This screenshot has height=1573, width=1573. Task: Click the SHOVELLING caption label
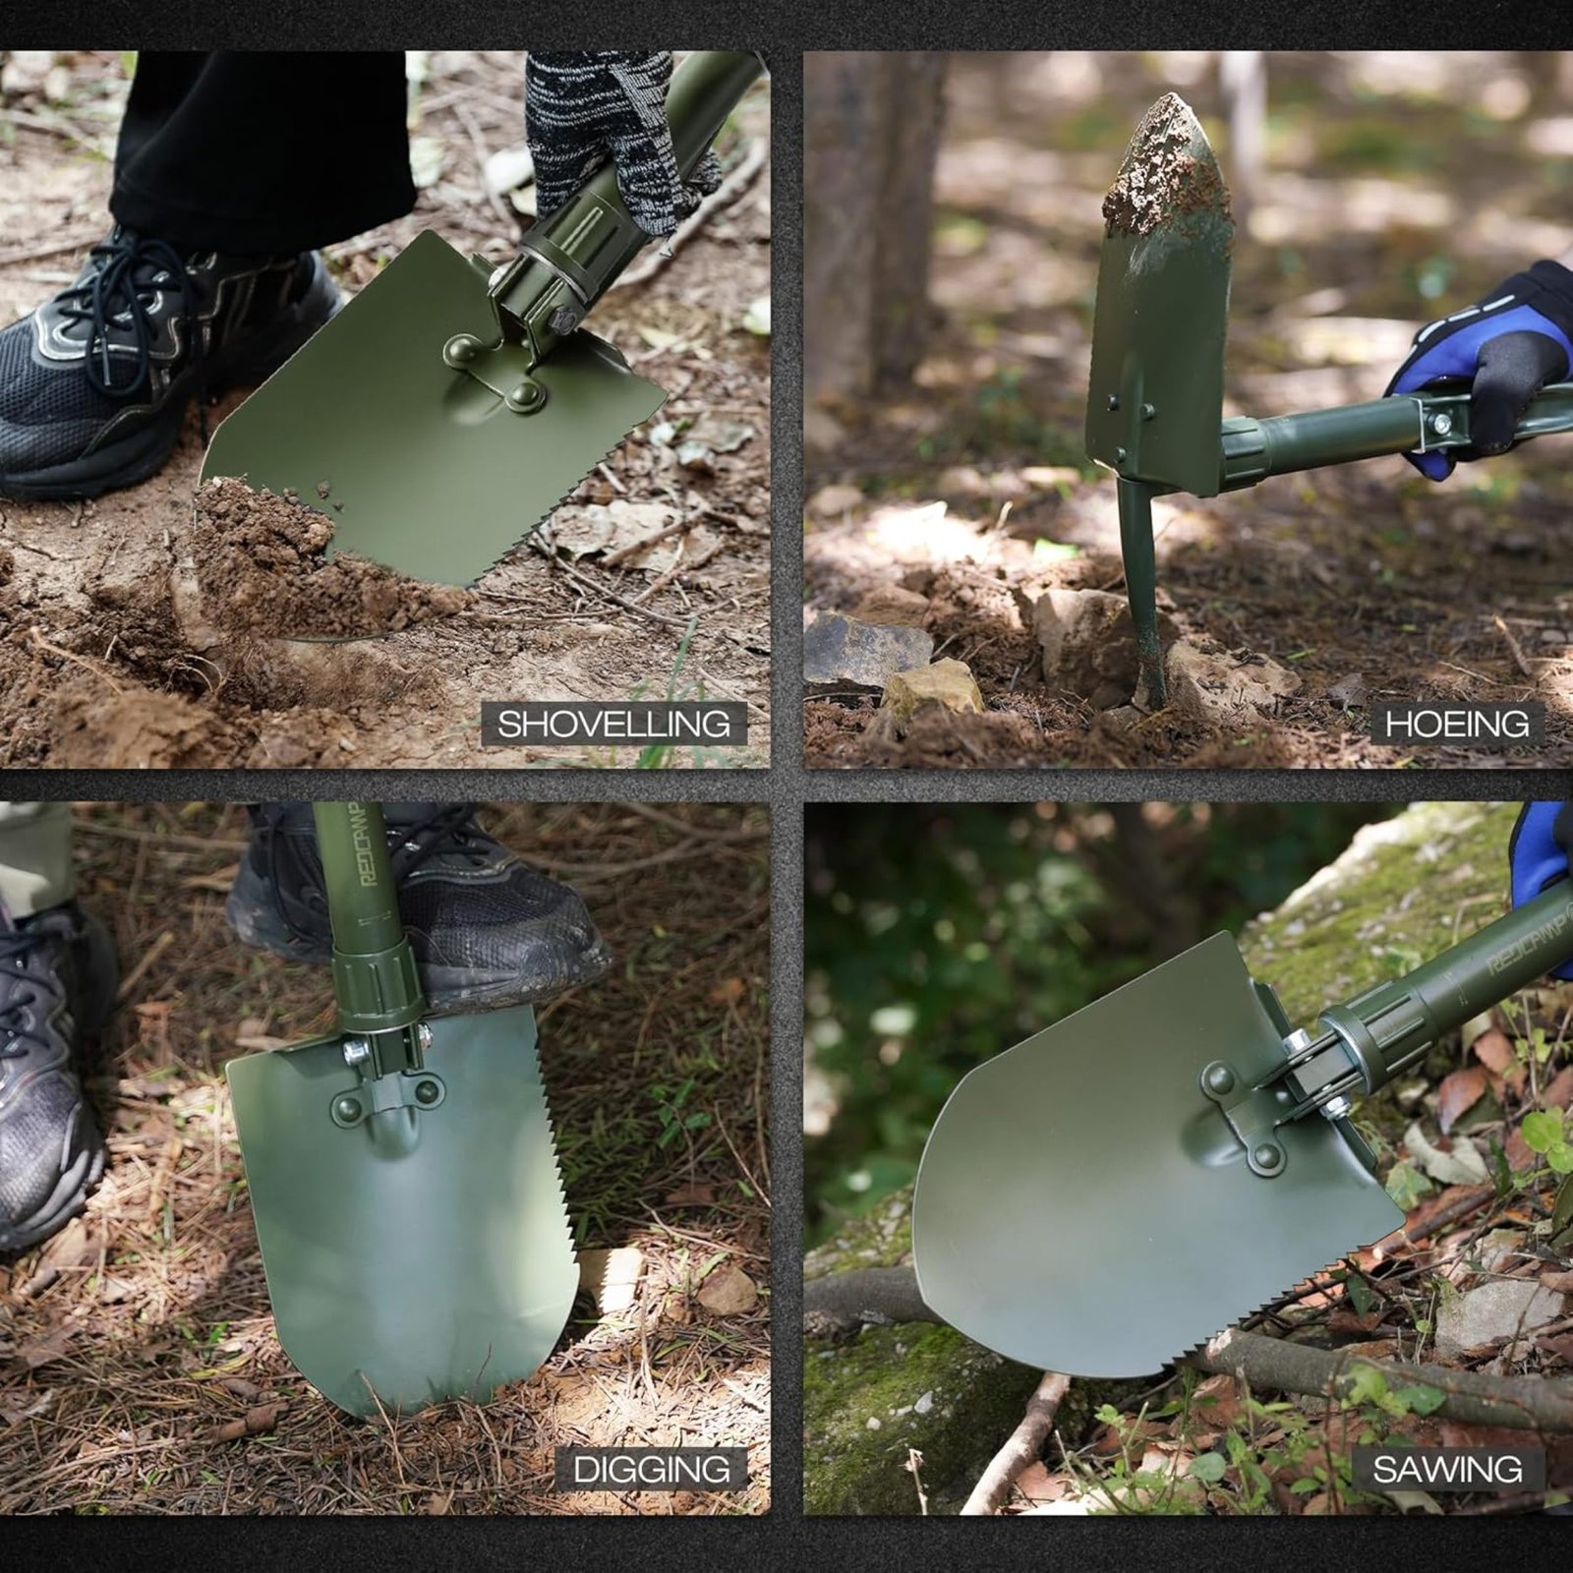pyautogui.click(x=613, y=725)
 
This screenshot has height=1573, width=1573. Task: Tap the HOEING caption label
pyautogui.click(x=1457, y=725)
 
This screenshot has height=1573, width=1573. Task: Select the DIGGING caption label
pyautogui.click(x=651, y=1470)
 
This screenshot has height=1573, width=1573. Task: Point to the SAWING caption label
pyautogui.click(x=1447, y=1470)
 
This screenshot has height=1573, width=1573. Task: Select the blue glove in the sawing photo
pyautogui.click(x=1542, y=865)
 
